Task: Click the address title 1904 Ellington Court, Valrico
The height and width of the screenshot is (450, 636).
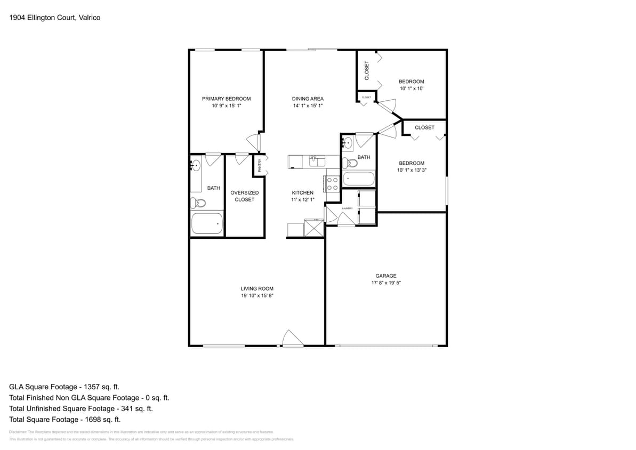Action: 55,18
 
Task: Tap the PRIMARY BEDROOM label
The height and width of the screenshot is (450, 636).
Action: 226,99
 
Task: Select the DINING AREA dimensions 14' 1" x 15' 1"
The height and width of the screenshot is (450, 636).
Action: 308,106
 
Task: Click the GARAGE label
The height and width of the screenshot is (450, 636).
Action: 385,276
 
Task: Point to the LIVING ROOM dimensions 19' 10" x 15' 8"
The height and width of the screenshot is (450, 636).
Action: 257,295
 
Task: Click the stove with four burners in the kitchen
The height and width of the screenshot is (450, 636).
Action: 332,184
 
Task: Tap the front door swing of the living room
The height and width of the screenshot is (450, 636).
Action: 291,338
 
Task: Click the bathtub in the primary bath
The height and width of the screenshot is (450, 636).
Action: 207,223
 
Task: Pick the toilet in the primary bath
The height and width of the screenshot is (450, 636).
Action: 199,203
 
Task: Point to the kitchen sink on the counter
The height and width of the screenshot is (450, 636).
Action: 315,160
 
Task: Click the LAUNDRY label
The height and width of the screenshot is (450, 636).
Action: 347,208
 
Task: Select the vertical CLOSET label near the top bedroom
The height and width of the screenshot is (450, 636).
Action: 366,70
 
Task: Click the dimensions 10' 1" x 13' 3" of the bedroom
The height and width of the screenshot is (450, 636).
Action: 412,171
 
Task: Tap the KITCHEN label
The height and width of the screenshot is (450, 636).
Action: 302,192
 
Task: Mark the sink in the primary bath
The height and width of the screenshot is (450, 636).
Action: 196,164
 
